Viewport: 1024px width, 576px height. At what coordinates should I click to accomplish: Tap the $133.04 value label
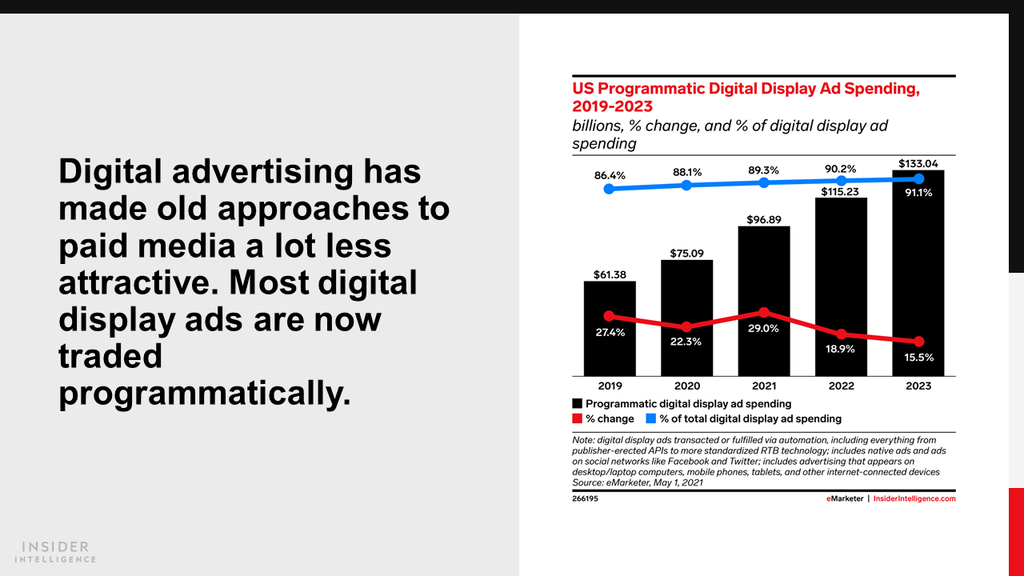pyautogui.click(x=918, y=163)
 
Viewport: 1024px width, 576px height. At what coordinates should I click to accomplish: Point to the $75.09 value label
pyautogui.click(x=686, y=254)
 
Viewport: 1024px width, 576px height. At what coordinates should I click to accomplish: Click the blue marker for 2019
pyautogui.click(x=610, y=189)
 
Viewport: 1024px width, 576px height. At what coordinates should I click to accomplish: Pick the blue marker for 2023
pyautogui.click(x=918, y=178)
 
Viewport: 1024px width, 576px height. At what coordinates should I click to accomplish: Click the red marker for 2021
pyautogui.click(x=764, y=312)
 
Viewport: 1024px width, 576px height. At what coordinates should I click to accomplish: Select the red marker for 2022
pyautogui.click(x=841, y=334)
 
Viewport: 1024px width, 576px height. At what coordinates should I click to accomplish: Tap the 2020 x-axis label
pyautogui.click(x=686, y=386)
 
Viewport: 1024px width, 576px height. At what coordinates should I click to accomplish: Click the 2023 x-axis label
pyautogui.click(x=918, y=386)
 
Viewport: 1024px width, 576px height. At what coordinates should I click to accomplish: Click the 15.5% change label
pyautogui.click(x=918, y=358)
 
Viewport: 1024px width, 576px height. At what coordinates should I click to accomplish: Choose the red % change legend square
pyautogui.click(x=577, y=418)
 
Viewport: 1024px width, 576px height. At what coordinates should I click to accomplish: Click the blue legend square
pyautogui.click(x=651, y=418)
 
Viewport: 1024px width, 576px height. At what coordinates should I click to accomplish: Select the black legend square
pyautogui.click(x=577, y=404)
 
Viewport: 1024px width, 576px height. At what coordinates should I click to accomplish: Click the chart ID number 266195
pyautogui.click(x=585, y=498)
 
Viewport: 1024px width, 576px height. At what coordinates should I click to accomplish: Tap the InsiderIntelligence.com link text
pyautogui.click(x=914, y=498)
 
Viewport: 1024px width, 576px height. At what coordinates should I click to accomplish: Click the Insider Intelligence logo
pyautogui.click(x=56, y=552)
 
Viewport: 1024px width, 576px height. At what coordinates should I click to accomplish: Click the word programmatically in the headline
pyautogui.click(x=205, y=393)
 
